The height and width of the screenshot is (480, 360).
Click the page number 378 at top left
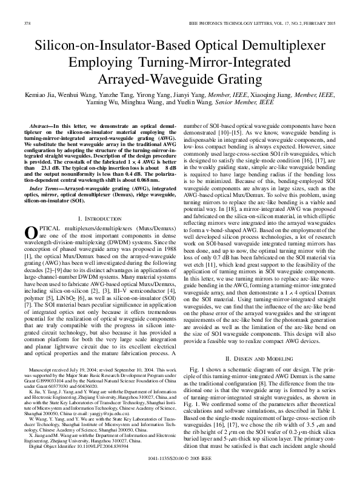27,23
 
